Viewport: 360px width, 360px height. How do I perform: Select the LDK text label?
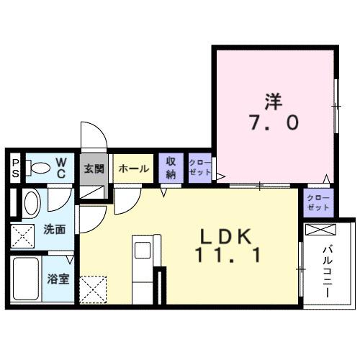tap(225, 235)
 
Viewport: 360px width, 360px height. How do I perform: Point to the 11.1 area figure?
tap(225, 255)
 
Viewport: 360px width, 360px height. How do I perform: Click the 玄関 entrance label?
tap(94, 169)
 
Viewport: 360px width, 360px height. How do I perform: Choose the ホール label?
tap(133, 169)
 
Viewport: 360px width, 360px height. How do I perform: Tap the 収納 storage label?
tap(171, 168)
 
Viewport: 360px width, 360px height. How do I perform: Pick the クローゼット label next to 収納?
tap(199, 168)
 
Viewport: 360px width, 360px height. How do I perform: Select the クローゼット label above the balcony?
tap(318, 202)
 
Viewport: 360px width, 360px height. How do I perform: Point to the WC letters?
tap(61, 168)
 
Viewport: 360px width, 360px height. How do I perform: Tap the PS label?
tap(14, 168)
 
